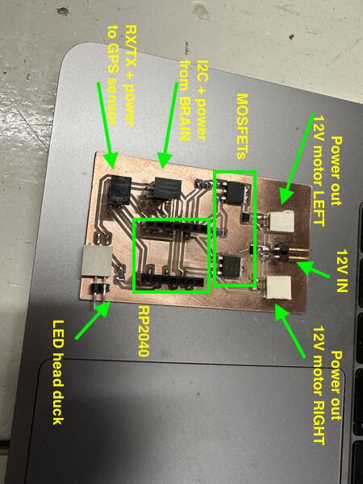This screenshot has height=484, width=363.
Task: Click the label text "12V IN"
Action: pos(342,270)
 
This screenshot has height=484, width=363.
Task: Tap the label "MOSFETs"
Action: pos(243,127)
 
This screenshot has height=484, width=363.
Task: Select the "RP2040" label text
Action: pos(144,332)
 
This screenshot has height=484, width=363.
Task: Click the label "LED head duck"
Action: pos(58,372)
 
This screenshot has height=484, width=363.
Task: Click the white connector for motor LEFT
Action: pos(281,221)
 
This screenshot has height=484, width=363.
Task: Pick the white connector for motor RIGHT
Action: pos(279,287)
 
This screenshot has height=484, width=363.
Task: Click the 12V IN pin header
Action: pos(286,252)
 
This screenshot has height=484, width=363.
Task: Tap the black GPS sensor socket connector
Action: pos(119,190)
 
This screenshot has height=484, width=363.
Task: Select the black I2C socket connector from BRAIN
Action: pos(167,188)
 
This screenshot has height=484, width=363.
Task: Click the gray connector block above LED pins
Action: pos(97,261)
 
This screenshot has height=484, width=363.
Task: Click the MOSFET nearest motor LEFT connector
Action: pos(234,193)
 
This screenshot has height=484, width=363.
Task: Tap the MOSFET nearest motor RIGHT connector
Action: pos(232,266)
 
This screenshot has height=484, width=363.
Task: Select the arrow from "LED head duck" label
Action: pos(93,320)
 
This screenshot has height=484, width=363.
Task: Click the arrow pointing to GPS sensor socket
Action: pos(107,125)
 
